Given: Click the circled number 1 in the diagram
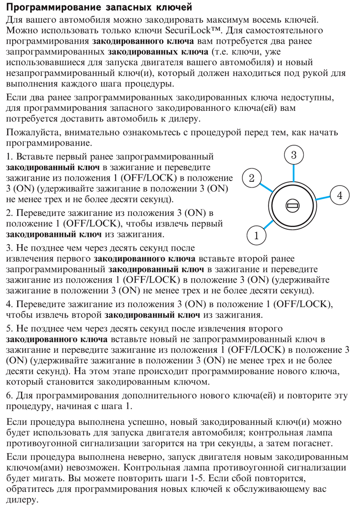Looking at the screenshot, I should pos(256,235).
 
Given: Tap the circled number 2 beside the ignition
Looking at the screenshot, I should pos(252,177).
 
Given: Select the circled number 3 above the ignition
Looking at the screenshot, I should pos(293,155).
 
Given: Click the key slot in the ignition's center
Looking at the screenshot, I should pos(293,206).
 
